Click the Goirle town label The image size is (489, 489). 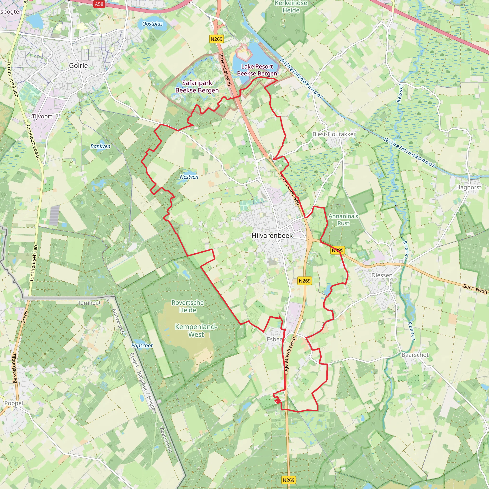[x=79, y=66]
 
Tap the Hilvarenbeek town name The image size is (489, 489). [x=272, y=235]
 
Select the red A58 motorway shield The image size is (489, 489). [x=99, y=4]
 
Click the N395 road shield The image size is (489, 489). [x=337, y=250]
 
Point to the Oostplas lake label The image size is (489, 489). [x=152, y=24]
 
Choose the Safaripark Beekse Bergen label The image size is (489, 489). [x=197, y=87]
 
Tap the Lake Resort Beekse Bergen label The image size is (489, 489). [x=257, y=70]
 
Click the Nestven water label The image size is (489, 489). [x=189, y=177]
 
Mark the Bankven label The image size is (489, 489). [x=100, y=146]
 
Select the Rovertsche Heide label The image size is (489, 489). [x=187, y=306]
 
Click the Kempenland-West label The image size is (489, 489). [x=196, y=330]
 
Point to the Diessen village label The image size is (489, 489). [x=382, y=275]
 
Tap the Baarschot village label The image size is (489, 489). [x=415, y=355]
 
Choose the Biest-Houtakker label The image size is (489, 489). [x=334, y=134]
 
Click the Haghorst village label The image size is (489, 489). [x=469, y=187]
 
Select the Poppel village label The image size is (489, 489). [x=14, y=403]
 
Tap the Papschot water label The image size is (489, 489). [x=142, y=345]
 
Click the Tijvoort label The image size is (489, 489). [x=42, y=117]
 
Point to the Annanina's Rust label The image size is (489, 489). [x=343, y=220]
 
